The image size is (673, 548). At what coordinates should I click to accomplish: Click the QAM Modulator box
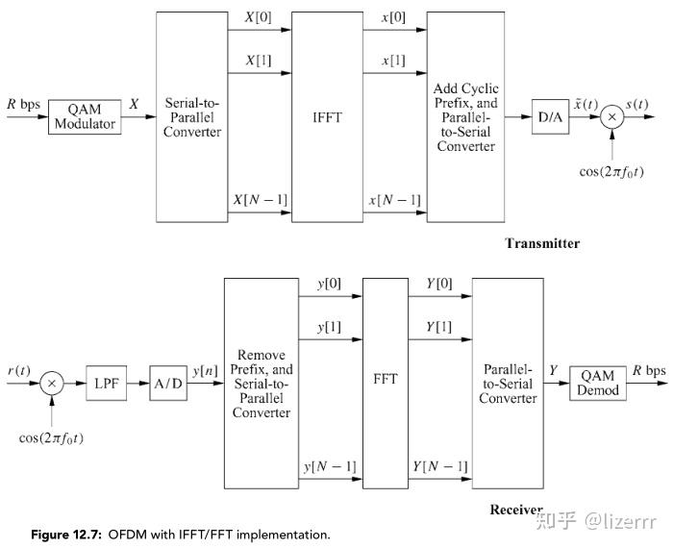[x=85, y=116]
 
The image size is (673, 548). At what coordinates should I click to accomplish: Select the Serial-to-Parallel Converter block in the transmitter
[x=192, y=116]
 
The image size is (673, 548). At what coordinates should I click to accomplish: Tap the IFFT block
[x=328, y=116]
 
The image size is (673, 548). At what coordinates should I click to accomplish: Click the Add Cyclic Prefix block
[x=465, y=116]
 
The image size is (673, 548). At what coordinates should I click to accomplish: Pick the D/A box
[x=551, y=116]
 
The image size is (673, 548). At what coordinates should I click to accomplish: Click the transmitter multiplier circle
[x=611, y=116]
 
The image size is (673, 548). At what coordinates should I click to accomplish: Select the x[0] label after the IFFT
[x=392, y=17]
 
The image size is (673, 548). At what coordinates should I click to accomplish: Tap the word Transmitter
[x=542, y=243]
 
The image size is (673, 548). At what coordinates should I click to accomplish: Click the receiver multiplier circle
[x=53, y=383]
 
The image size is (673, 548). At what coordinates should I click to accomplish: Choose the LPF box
[x=105, y=383]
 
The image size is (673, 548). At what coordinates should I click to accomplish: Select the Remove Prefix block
[x=261, y=383]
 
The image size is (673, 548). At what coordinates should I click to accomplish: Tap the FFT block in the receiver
[x=386, y=379]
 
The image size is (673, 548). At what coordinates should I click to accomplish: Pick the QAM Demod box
[x=597, y=383]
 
